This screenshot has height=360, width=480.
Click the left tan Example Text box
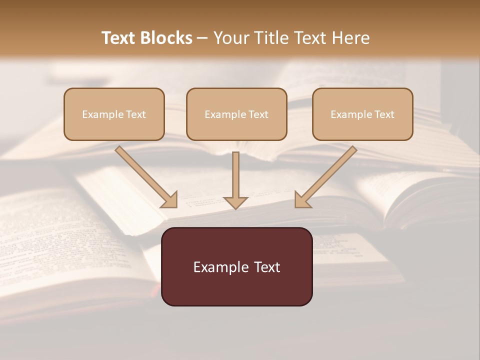pos(114,114)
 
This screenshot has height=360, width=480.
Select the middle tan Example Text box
pos(236,114)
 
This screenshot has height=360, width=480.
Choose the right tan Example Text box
pos(362,114)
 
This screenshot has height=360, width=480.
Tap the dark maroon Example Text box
pos(236,266)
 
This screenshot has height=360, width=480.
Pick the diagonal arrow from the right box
pos(330,173)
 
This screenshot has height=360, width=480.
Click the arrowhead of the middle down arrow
pos(235,202)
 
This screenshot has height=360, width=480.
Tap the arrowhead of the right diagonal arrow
pos(302,199)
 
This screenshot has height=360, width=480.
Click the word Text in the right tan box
pos(384,114)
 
